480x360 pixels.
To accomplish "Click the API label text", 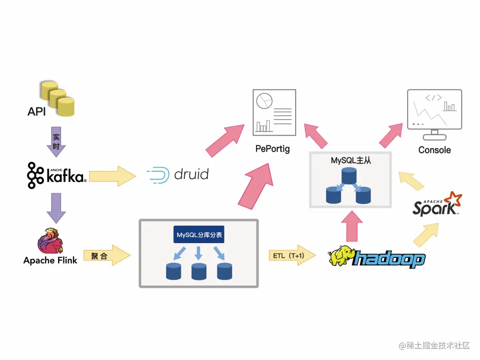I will click(x=36, y=111).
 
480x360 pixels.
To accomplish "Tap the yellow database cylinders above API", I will click(x=57, y=98).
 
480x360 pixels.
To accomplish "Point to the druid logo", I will click(x=178, y=174).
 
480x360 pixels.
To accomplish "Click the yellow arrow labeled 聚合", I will click(x=107, y=256).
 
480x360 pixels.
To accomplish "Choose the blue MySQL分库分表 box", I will click(x=199, y=235).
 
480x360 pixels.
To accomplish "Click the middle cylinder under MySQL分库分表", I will click(x=199, y=271).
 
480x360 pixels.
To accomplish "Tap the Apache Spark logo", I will click(x=437, y=205).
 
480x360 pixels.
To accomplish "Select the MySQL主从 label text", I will click(x=351, y=160).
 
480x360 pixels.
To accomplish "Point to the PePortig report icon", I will click(x=274, y=112).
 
